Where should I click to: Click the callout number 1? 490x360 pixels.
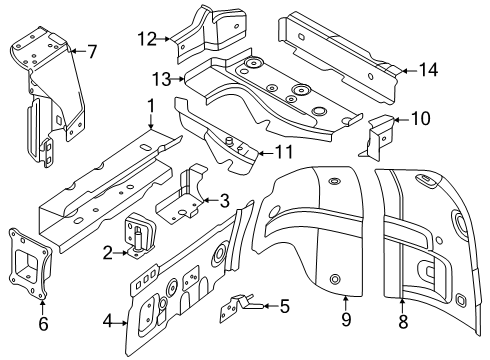coord(151,106)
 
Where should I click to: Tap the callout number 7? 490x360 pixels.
coord(91,51)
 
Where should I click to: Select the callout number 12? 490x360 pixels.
coord(147,39)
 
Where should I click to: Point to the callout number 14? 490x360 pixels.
coord(428,70)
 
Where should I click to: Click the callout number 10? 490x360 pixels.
coord(421,118)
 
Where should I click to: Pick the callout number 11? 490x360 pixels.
coord(284,152)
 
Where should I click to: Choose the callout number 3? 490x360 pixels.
coord(225,201)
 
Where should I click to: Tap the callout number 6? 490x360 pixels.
coord(43,323)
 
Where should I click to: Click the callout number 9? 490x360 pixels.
coord(346,319)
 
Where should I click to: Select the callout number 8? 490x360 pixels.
coord(403,322)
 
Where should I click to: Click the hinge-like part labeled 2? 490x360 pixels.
coord(140,234)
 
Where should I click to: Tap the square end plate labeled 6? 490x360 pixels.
coord(29,264)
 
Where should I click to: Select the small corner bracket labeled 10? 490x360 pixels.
coord(377,137)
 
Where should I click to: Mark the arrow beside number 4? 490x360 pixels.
coord(120,322)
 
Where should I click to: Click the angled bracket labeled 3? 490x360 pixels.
coord(182,197)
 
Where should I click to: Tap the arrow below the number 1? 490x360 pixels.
coord(151,121)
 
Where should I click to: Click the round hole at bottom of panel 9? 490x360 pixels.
coord(335,279)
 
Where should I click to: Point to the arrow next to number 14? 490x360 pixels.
coord(410,71)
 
